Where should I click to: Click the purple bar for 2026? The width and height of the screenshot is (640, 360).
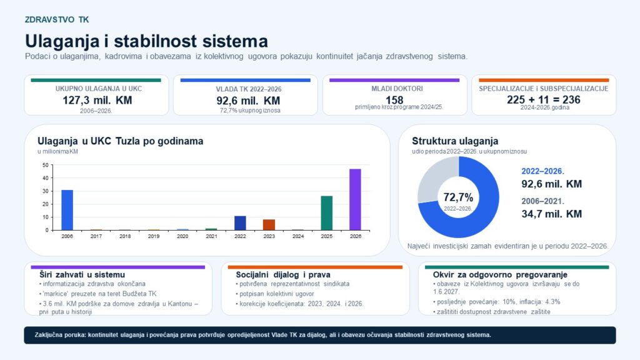355,199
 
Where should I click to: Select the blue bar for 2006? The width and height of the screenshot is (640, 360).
67,210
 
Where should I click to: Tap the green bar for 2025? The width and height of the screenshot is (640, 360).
326,213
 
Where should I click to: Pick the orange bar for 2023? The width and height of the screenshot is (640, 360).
269,225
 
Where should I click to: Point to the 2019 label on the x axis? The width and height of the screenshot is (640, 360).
154,236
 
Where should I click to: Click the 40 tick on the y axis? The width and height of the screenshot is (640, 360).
45,178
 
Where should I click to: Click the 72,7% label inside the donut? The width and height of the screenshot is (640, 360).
458,197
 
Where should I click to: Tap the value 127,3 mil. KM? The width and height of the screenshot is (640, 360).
97,100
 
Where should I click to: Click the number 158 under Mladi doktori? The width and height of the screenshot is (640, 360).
394,100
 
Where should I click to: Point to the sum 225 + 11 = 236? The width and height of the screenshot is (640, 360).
543,99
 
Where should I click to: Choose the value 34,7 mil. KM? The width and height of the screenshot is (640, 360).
551,214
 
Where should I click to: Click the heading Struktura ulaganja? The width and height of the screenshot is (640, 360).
455,141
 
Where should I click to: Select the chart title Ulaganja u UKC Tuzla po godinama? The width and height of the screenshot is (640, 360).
121,141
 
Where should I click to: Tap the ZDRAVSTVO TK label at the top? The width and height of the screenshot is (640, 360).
57,19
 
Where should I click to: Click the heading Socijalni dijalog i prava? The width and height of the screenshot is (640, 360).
283,275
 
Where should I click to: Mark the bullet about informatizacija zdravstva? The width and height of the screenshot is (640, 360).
92,284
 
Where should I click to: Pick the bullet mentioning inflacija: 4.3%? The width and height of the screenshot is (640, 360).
497,302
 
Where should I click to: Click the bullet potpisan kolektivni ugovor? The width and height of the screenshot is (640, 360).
275,294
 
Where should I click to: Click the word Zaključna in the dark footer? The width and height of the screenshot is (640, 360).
47,335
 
